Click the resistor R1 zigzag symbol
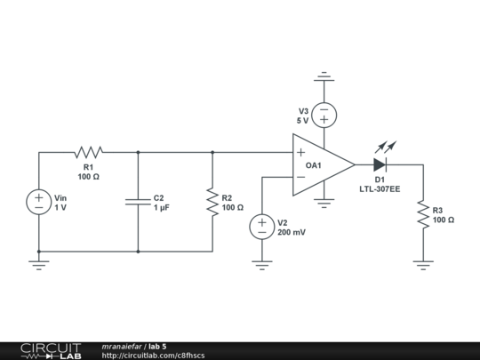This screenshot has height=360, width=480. click(89, 152)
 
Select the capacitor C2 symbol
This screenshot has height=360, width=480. click(138, 202)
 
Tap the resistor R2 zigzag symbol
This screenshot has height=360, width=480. click(212, 202)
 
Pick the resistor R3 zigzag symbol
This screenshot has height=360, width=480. click(423, 214)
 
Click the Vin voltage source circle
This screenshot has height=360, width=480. click(39, 202)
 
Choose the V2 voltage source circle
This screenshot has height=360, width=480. click(262, 226)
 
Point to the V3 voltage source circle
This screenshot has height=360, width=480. click(324, 115)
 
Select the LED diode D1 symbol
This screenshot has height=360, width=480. click(380, 164)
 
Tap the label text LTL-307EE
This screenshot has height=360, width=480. click(380, 189)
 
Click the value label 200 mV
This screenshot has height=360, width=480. click(292, 232)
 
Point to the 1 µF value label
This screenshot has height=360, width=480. click(162, 207)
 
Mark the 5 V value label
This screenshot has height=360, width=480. click(302, 120)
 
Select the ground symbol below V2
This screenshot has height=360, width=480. click(262, 263)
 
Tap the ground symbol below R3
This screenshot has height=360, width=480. click(423, 263)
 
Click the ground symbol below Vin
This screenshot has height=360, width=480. click(39, 263)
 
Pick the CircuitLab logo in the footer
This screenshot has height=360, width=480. click(50, 350)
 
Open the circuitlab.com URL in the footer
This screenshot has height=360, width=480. click(153, 356)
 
